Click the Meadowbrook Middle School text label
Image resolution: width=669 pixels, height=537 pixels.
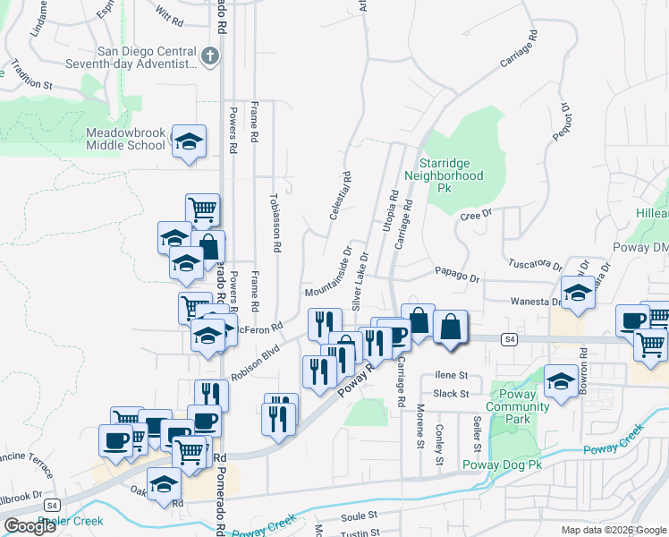(x=125, y=139)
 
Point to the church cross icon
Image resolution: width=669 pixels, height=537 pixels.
(x=209, y=57)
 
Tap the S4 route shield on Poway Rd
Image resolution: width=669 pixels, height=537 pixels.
(x=509, y=339)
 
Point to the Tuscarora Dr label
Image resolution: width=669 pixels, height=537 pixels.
(x=535, y=265)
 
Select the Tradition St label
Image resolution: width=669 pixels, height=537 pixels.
(x=31, y=75)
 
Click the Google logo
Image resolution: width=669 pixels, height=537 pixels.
(x=30, y=526)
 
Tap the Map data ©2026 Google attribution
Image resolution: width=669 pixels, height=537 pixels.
(x=613, y=530)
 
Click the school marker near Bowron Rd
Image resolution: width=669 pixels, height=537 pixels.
(x=561, y=381)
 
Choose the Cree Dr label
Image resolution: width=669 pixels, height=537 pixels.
(x=476, y=214)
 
